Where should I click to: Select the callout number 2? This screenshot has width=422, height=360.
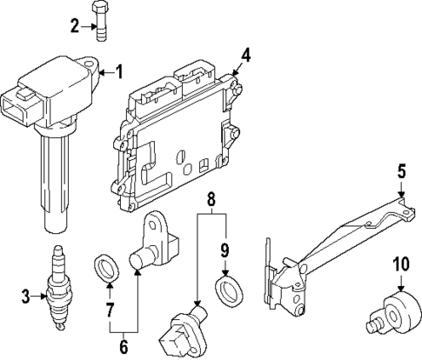click(x=75, y=26)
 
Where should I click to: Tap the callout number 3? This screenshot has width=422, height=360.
click(x=23, y=297)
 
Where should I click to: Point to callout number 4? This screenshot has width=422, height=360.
click(x=246, y=55)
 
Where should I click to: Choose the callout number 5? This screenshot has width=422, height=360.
click(x=402, y=171)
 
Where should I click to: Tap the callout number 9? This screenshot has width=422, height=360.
click(x=224, y=250)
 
